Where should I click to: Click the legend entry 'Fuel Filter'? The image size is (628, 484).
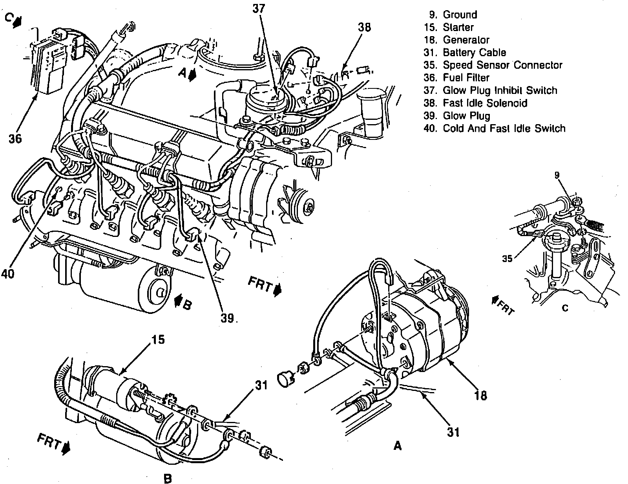466,78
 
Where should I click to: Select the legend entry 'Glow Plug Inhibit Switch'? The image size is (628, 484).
500,90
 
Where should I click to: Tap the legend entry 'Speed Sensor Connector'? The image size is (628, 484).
502,65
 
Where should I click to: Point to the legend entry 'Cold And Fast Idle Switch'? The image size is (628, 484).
504,128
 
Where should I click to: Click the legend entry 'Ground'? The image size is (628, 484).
460,15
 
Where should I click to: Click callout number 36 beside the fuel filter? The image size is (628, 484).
15,139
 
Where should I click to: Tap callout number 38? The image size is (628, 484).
364,27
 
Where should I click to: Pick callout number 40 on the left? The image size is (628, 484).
8,273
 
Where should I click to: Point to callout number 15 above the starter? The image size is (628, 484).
156,340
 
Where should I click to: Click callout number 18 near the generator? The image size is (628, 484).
480,395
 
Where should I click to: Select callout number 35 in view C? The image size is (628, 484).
507,259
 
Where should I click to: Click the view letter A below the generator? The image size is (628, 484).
398,446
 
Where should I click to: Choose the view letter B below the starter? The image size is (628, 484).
168,478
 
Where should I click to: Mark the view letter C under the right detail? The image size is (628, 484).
565,308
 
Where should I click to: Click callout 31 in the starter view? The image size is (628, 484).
261,385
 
